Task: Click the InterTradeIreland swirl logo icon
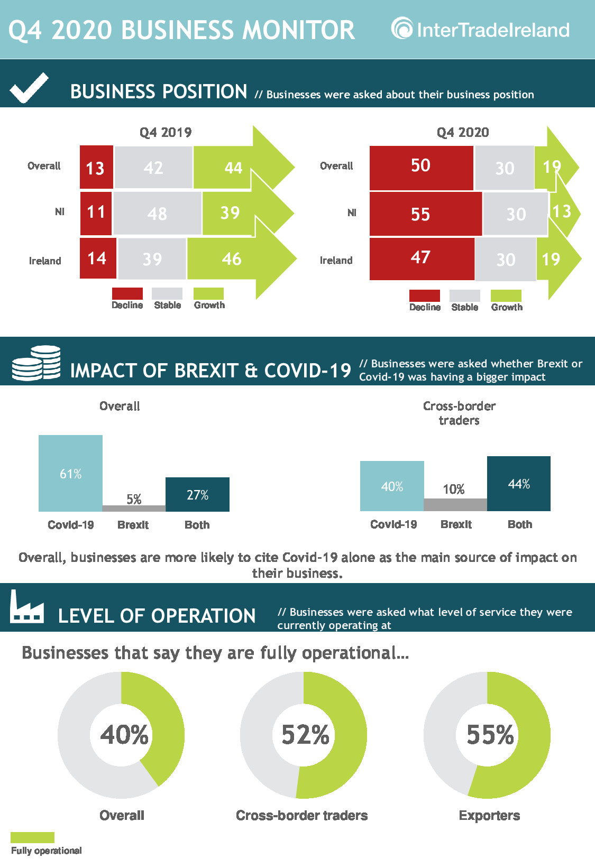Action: pos(401,29)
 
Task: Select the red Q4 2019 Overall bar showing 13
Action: pos(96,167)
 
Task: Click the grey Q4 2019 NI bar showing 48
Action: pos(157,213)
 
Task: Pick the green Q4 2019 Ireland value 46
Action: pos(231,259)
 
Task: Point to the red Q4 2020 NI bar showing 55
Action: pos(425,214)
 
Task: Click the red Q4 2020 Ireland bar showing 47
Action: pos(422,259)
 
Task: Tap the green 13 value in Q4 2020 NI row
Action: pos(562,211)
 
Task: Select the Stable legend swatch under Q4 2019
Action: pos(167,293)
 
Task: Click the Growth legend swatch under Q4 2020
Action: pos(506,295)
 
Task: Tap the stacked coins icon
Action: pos(36,363)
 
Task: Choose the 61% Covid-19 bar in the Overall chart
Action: pos(70,473)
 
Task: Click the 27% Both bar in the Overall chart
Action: pos(198,494)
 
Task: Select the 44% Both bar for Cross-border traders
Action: pos(519,484)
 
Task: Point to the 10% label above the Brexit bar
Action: pos(453,489)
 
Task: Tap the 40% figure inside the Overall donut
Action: pos(124,735)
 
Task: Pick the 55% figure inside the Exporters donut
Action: pos(490,735)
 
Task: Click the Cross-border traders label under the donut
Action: pos(302,815)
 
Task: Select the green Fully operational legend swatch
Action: pos(33,837)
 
